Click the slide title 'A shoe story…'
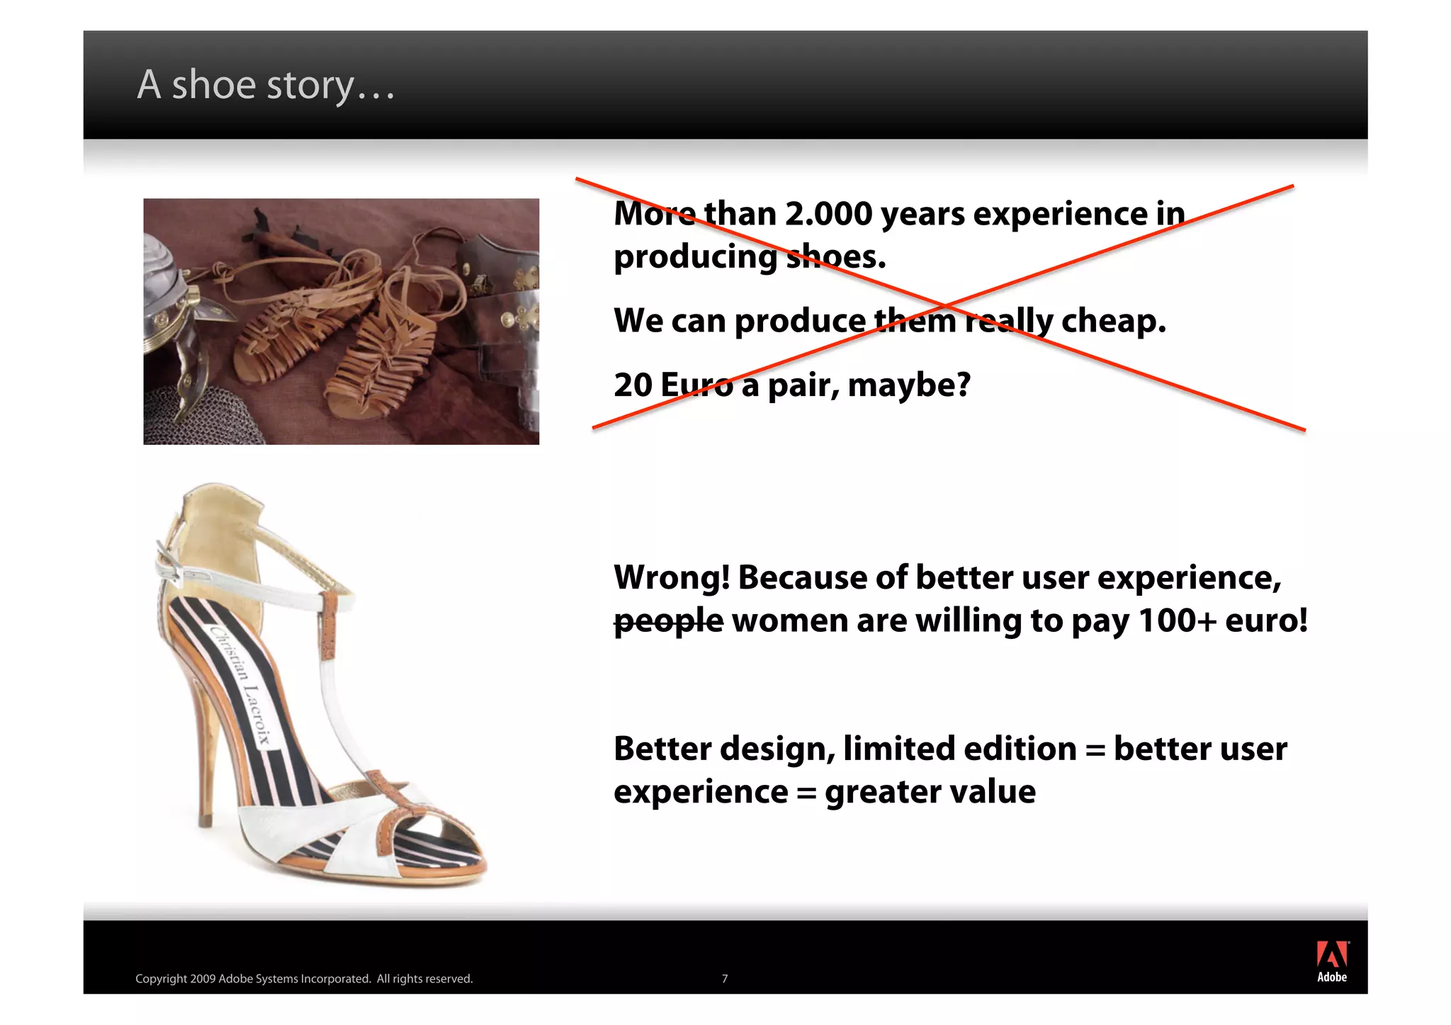tap(266, 86)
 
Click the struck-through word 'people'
tap(668, 621)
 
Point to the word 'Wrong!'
tap(672, 577)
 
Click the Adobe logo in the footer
tap(1332, 961)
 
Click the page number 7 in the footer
tap(724, 979)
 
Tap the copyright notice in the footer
tap(304, 979)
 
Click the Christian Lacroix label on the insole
tap(241, 684)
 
